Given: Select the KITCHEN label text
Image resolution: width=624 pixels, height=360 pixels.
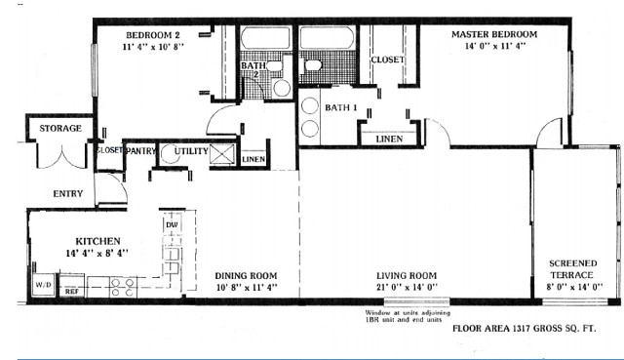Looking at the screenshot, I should pos(97,240).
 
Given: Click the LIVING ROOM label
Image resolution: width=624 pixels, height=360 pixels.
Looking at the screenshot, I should pos(406,275).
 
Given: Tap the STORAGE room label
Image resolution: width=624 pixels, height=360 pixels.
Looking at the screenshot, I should pos(59,129).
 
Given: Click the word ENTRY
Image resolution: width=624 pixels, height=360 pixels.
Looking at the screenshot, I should pos(67,193).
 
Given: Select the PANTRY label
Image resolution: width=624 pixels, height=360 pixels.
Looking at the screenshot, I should pos(140,151).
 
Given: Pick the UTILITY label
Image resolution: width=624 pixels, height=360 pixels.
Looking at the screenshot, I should pos(190,151).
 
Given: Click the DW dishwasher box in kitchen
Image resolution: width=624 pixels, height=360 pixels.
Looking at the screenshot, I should pos(172,225).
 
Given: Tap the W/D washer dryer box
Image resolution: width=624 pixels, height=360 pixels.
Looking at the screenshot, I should pos(44,286).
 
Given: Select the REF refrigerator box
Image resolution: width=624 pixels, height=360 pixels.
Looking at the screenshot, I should pos(72,291).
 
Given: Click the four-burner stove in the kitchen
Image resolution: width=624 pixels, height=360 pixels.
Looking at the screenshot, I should pos(123,288).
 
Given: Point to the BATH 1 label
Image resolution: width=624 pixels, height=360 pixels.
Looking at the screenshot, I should pos(341,106).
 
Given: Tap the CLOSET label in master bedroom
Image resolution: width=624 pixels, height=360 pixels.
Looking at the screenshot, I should pos(387,60).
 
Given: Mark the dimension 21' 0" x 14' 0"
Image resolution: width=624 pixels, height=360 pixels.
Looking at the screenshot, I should pos(406,288).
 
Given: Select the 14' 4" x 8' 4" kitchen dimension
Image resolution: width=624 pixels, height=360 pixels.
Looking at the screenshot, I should pos(97,253).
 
